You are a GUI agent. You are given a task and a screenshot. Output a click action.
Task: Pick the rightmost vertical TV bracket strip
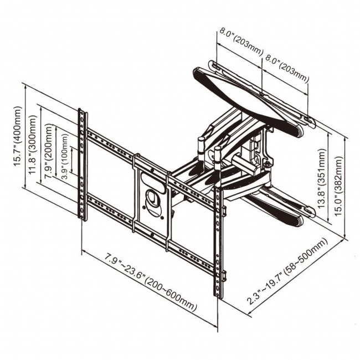[219, 244]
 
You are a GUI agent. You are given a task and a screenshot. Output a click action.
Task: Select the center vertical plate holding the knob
[151, 202]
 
